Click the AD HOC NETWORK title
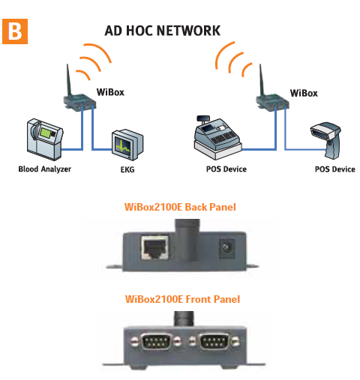point(162,31)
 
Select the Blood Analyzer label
point(44,170)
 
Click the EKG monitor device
point(124,145)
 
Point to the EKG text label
point(127,171)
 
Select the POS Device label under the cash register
point(224,169)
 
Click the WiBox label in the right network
point(303,94)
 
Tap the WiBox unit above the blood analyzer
point(76,100)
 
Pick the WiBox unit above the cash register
point(267,100)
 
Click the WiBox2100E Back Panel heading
point(179,206)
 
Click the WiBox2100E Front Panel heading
point(179,300)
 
